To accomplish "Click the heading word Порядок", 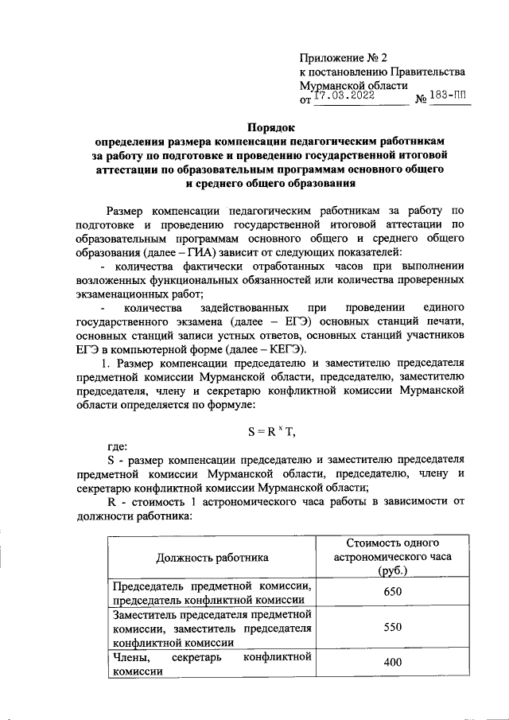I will [x=270, y=126].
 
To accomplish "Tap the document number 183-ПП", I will [x=449, y=95].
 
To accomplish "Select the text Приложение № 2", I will [x=342, y=57].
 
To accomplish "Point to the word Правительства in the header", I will [x=431, y=72].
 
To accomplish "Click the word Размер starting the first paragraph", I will [x=127, y=211].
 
